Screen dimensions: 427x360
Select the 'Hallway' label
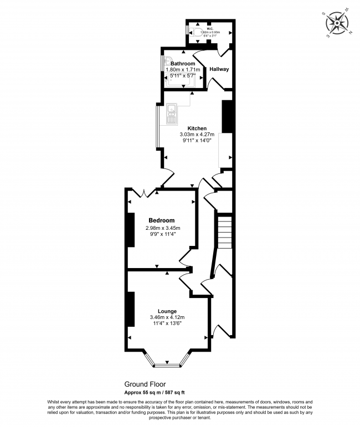tap(219, 69)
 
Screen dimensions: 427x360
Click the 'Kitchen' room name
tap(197, 128)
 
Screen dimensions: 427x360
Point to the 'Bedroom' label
tap(161, 220)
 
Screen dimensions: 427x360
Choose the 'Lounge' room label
tap(167, 311)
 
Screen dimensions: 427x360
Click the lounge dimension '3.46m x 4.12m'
tap(167, 317)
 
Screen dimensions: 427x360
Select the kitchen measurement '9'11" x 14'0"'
tap(197, 141)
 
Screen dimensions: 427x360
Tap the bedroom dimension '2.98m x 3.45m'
tap(162, 228)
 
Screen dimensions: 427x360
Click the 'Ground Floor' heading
tap(144, 383)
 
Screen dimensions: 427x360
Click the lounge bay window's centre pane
tap(167, 365)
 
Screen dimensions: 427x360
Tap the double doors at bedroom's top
tap(143, 193)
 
